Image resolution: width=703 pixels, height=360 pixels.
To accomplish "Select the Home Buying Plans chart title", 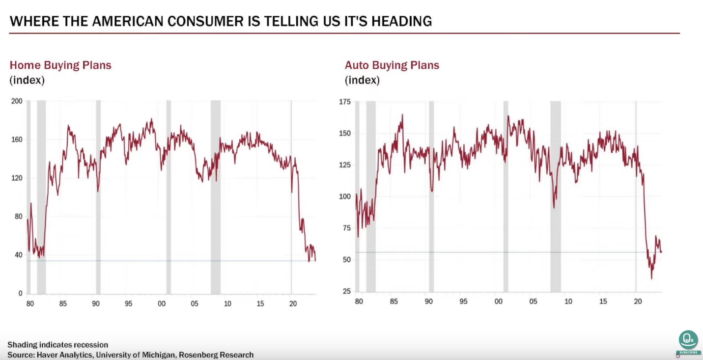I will point(60,65).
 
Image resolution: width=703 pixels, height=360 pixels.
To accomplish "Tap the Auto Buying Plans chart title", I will point(392,65).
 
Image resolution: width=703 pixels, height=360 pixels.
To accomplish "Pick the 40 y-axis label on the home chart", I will point(19,255).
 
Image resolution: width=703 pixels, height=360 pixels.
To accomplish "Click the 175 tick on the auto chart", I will point(345,102).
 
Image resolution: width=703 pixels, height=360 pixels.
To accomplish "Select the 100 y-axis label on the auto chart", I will point(345,196).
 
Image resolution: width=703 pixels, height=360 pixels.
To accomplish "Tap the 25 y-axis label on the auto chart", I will point(347,291).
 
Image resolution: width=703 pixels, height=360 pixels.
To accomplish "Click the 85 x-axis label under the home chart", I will point(63,304).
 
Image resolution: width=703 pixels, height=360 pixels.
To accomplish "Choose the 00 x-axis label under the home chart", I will point(162,304).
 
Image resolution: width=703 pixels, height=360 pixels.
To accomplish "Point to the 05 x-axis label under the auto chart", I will point(534,301).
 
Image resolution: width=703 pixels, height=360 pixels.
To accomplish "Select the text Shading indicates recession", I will point(57,345).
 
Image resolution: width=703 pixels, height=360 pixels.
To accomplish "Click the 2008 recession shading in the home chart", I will point(216,196).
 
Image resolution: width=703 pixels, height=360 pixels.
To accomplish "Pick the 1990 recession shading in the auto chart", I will point(431,196).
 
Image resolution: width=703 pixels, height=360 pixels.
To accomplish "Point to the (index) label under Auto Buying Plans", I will point(362,80).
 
